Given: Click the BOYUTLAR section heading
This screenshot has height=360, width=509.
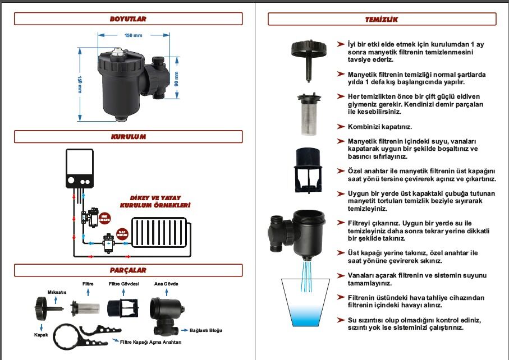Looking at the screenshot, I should coord(128,19).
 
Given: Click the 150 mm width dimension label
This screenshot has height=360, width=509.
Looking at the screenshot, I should coord(132,36).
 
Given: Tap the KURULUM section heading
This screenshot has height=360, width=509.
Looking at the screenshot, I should coord(128,137).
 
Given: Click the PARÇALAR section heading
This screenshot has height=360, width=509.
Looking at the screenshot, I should coord(128,270).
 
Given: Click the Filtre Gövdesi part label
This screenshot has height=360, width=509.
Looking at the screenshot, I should coord(124,284).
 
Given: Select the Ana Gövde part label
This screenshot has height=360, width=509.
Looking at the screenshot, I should coord(166,284).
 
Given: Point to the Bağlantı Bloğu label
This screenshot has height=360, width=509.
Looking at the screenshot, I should coord(210,330).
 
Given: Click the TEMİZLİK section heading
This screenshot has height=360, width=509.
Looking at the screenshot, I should coord(382,19).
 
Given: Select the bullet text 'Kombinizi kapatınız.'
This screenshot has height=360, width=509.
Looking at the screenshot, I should coord(380,127).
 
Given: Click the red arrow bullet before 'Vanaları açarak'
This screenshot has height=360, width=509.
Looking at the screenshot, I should coord(341,275).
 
